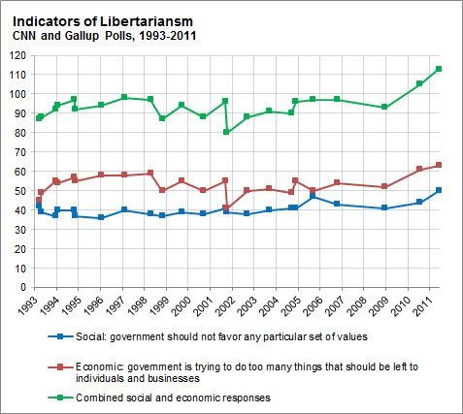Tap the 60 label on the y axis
coord(20,172)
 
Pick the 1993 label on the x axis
coord(36,305)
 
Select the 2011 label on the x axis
coord(424,305)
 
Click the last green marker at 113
coord(439,69)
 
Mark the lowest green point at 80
coord(226,132)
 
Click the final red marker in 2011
coord(439,165)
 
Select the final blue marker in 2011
coord(439,190)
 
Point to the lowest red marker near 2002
coord(226,207)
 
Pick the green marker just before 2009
coord(385,107)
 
